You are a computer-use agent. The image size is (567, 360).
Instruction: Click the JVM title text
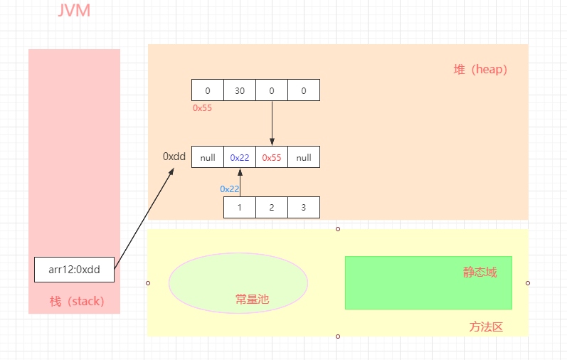tap(73, 11)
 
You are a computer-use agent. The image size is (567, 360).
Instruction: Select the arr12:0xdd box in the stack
tap(74, 269)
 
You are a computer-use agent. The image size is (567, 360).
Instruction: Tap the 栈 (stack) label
tap(77, 301)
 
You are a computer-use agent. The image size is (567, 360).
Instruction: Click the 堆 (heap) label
tap(480, 69)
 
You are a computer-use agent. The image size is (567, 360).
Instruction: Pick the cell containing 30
tap(240, 90)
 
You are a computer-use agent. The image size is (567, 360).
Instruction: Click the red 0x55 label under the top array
tap(202, 108)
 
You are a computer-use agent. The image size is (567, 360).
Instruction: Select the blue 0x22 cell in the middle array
tap(240, 157)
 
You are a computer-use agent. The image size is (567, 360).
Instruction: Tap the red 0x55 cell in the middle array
tap(272, 157)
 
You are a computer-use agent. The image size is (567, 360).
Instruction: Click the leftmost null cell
tap(208, 157)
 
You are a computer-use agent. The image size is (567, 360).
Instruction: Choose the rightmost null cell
tap(304, 157)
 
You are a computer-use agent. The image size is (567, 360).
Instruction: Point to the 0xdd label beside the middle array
tap(174, 156)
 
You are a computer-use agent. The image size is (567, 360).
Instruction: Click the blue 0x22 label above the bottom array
tap(230, 189)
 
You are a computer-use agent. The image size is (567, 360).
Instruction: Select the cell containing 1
tap(240, 207)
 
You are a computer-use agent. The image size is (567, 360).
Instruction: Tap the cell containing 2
tap(272, 207)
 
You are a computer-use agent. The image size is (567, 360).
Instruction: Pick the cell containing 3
tap(304, 207)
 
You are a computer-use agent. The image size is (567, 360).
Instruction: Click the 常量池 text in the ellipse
tap(253, 300)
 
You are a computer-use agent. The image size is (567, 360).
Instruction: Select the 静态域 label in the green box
tap(479, 272)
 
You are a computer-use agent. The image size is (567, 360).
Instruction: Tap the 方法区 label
tap(486, 327)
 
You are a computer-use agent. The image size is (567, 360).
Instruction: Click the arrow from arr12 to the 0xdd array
tap(144, 216)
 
